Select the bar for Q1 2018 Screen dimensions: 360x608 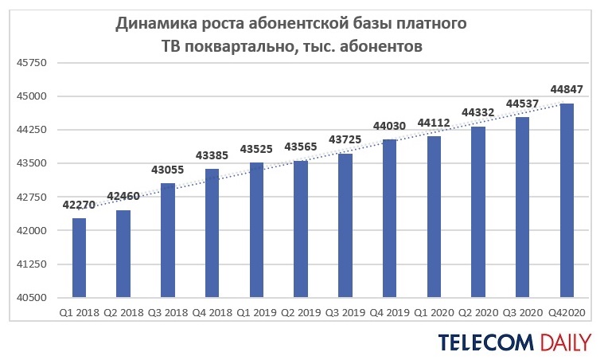tap(79, 257)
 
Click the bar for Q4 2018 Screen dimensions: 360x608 tap(212, 233)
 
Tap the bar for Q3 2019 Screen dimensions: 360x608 tap(345, 225)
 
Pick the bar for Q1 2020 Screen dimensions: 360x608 tap(434, 217)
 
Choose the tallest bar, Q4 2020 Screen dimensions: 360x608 tap(567, 200)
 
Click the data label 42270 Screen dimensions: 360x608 tap(79, 205)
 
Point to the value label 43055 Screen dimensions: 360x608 tap(167, 170)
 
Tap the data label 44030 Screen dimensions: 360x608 tap(389, 126)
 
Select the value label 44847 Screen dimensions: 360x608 tap(567, 89)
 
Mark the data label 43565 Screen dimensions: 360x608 tap(301, 147)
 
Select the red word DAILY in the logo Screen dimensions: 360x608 tap(564, 342)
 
